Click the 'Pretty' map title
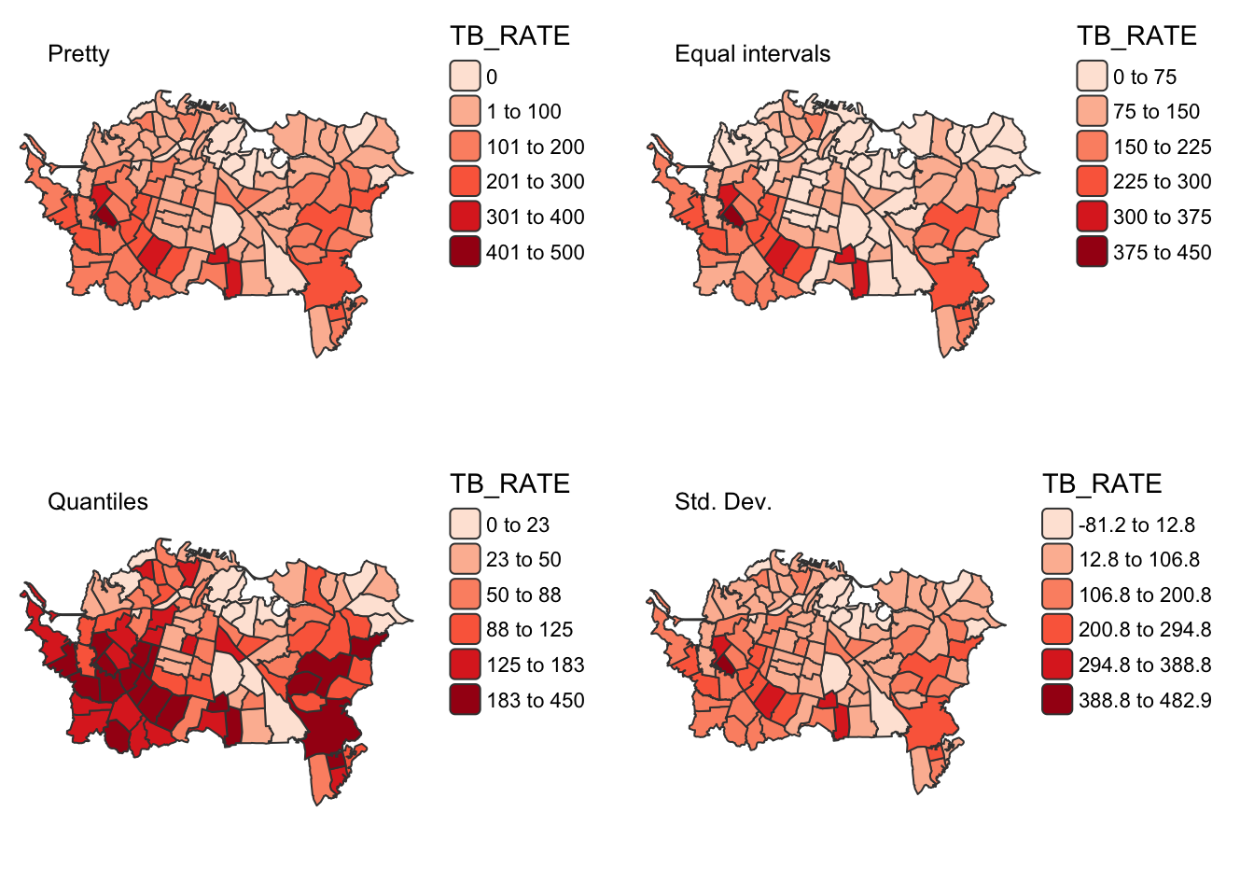coord(78,54)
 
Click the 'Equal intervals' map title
coord(752,54)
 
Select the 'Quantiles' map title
coord(97,502)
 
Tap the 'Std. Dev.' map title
coord(723,502)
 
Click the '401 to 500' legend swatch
coord(465,252)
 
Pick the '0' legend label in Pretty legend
coord(492,77)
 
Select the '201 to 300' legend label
coord(535,182)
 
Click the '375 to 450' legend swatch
coord(1092,252)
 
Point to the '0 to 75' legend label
coord(1145,77)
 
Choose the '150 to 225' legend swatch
coord(1092,147)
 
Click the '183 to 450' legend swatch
coord(465,700)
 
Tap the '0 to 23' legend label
coord(518,525)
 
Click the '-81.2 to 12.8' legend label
coord(1136,525)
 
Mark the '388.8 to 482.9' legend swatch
coord(1057,700)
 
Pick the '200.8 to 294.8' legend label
coord(1145,630)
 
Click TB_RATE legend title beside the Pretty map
coord(509,35)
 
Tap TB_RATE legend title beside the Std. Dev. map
coord(1102,483)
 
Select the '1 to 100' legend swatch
coord(465,112)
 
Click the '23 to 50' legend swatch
coord(465,560)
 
